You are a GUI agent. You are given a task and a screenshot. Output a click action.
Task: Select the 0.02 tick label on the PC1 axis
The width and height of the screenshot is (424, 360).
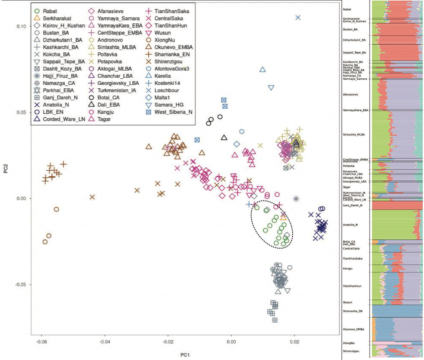[295, 342]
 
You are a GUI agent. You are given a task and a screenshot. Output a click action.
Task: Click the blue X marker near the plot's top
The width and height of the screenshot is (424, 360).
[298, 17]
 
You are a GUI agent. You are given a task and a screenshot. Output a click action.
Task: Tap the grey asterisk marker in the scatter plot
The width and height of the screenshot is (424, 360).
[297, 198]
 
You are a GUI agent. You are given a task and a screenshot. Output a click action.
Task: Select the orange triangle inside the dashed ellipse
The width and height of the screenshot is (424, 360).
[283, 217]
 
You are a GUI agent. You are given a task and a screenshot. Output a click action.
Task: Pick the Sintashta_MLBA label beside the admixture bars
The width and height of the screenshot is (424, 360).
[354, 134]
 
